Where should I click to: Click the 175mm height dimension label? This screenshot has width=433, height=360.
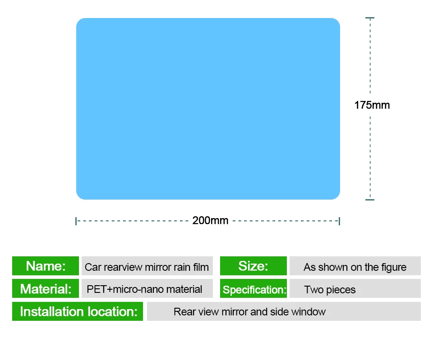point(372,105)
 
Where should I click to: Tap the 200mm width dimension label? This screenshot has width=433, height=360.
point(211,220)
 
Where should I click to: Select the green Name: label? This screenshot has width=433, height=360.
point(46,266)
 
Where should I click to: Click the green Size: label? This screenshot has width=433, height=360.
point(253,266)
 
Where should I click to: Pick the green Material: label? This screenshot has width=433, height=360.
point(46,288)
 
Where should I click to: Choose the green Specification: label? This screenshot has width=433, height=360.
point(253,288)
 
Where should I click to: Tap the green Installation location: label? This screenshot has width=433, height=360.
point(78,311)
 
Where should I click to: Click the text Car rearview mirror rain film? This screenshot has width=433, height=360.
point(147,267)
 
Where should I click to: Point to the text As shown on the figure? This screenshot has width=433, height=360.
point(355,267)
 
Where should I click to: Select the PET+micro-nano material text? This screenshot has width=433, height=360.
point(144,289)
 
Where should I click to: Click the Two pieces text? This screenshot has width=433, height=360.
point(330,290)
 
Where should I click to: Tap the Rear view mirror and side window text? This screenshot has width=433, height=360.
point(249,312)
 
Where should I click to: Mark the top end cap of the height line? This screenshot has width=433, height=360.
point(370,18)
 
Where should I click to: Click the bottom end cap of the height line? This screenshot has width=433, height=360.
point(370,200)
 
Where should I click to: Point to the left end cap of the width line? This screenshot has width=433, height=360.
point(76,221)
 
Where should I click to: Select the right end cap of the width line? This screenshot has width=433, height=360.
point(339,221)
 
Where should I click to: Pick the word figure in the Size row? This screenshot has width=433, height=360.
point(394,267)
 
